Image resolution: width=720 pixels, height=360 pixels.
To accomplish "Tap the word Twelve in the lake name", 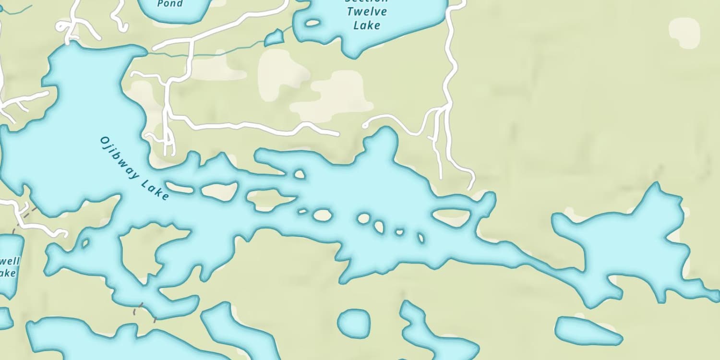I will pyautogui.click(x=367, y=12).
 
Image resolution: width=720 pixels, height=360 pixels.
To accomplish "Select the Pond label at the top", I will pyautogui.click(x=170, y=4).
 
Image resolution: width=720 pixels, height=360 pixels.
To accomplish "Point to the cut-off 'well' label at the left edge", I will pyautogui.click(x=10, y=262).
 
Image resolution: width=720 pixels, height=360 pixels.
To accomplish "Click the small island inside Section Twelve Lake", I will pyautogui.click(x=312, y=23).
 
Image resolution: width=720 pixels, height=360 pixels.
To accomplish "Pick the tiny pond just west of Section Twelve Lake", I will pyautogui.click(x=274, y=38).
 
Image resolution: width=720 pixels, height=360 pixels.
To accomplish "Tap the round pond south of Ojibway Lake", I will pyautogui.click(x=354, y=322).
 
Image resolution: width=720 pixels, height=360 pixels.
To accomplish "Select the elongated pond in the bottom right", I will pyautogui.click(x=588, y=331).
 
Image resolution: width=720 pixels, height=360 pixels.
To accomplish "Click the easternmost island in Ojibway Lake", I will pyautogui.click(x=452, y=217).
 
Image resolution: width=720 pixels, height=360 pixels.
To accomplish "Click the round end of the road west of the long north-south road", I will pyautogui.click(x=365, y=126).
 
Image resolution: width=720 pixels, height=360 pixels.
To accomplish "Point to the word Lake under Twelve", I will pyautogui.click(x=367, y=25).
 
